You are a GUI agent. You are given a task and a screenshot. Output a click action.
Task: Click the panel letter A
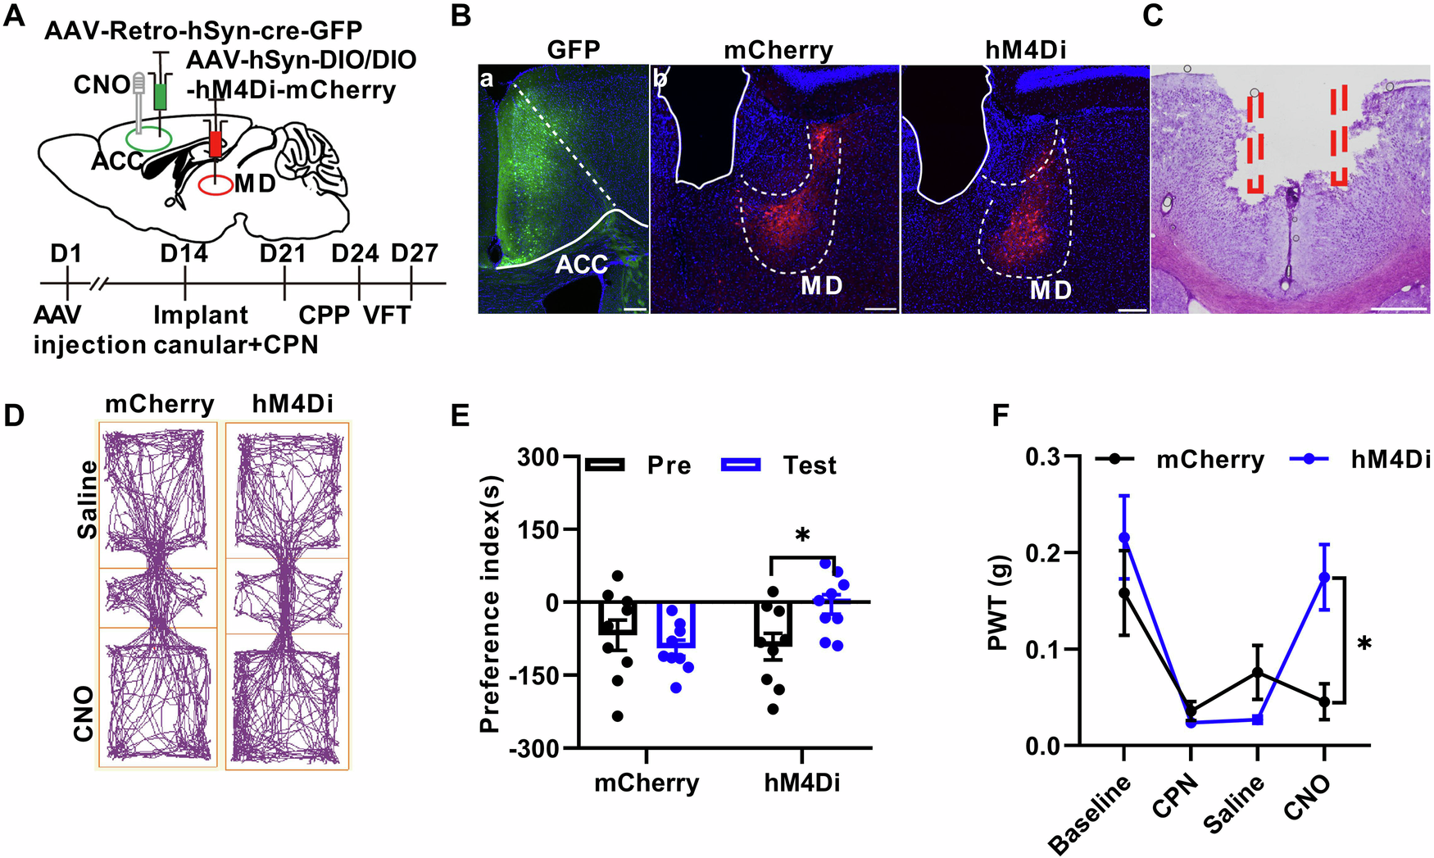(15, 16)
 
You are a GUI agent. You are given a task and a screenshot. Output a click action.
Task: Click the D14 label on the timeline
(184, 254)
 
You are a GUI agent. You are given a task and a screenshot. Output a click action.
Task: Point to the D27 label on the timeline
(414, 254)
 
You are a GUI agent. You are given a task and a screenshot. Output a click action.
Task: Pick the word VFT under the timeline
(387, 316)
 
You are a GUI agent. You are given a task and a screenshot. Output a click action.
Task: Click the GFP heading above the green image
(574, 51)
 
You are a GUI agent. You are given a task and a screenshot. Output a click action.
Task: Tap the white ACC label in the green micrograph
(582, 265)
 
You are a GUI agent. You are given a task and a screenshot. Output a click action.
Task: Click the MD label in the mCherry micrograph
(822, 286)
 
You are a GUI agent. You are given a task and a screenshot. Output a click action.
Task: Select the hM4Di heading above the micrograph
(1025, 51)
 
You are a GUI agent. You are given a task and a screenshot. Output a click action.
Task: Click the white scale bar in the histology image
(1399, 310)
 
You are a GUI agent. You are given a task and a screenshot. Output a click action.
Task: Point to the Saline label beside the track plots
(87, 499)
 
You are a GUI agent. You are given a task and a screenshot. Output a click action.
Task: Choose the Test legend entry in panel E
(810, 465)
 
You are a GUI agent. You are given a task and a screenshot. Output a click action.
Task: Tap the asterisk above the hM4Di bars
(802, 538)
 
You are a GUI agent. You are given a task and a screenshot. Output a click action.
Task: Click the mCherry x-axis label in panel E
(647, 783)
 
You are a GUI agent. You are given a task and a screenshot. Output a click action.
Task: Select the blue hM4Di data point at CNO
(1324, 577)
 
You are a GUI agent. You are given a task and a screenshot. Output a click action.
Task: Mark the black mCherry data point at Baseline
(1124, 592)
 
